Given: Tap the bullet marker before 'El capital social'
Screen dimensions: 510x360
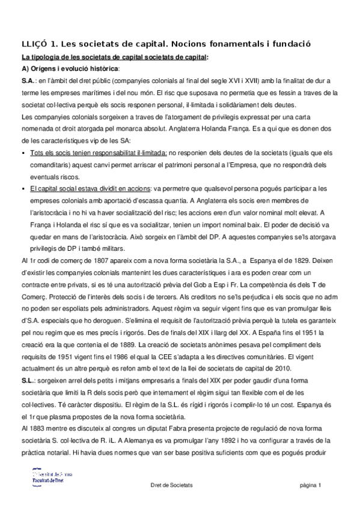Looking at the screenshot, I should click(x=23, y=188).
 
